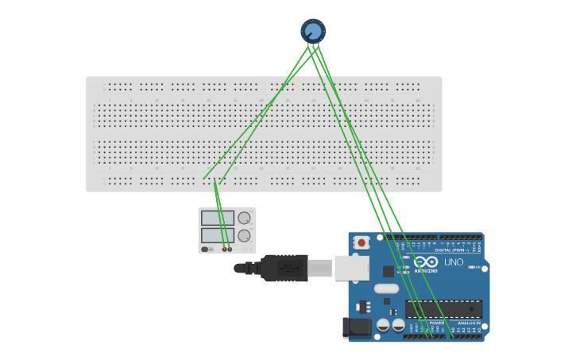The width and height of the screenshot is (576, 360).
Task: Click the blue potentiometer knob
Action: pos(313,31)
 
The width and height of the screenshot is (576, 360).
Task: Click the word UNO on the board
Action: pos(454,262)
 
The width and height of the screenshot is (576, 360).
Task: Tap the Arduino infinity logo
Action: pos(426,261)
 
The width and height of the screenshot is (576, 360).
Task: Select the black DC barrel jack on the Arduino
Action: pos(356,327)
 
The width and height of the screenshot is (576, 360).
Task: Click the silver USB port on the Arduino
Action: pos(351,268)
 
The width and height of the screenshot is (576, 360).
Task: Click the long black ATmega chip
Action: pos(443,309)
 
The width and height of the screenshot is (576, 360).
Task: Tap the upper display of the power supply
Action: pos(217,218)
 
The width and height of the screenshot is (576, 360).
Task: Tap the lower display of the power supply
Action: pos(217,235)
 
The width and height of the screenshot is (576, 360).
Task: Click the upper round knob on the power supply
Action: pos(244,218)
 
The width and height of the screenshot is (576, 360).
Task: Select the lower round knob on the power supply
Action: pos(244,235)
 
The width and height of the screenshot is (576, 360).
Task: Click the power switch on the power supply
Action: pos(206,250)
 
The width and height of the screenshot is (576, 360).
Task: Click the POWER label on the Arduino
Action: pos(436,323)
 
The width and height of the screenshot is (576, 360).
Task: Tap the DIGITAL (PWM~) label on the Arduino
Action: pos(451,250)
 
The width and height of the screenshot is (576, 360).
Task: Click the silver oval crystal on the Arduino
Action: pos(386,288)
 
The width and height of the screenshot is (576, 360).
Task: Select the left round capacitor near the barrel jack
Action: pos(383,325)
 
